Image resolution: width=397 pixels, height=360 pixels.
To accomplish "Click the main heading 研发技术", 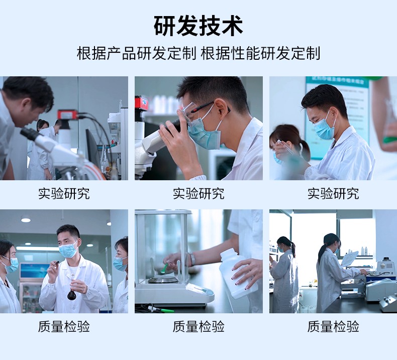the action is [x=198, y=26].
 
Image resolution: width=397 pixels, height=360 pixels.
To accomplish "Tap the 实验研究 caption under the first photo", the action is [x=64, y=193].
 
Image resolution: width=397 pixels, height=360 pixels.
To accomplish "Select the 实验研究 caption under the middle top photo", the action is [x=198, y=193].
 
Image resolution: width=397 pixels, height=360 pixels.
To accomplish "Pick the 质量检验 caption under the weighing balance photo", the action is [x=198, y=326].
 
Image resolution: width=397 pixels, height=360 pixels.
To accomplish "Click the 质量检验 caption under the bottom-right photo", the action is [x=333, y=326].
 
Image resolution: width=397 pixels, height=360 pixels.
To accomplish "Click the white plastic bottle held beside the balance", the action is [x=238, y=274].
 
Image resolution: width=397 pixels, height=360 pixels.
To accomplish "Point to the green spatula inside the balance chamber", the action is [x=165, y=268].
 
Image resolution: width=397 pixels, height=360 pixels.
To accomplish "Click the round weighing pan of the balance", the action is [x=162, y=280].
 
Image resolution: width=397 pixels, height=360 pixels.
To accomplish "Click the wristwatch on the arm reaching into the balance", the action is [x=192, y=259].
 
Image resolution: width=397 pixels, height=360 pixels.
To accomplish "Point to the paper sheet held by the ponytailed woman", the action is [x=350, y=259].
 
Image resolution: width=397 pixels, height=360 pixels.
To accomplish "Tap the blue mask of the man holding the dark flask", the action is [x=68, y=249].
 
